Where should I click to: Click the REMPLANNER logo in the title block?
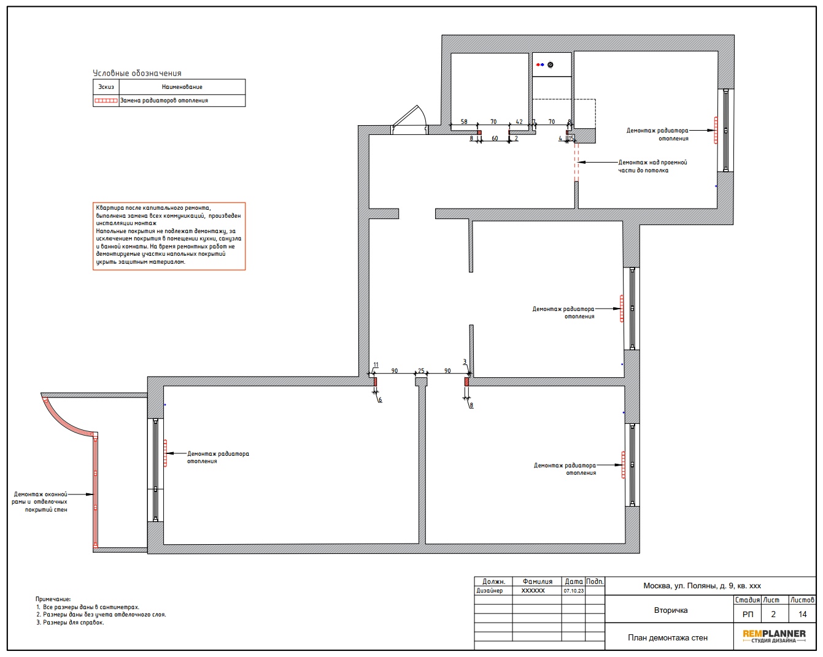click(x=774, y=636)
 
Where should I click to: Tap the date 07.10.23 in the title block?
click(x=573, y=591)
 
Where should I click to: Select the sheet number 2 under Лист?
click(x=773, y=614)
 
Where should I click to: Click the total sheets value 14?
click(x=802, y=614)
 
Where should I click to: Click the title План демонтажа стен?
click(x=667, y=637)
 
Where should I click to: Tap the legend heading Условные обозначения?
click(x=137, y=73)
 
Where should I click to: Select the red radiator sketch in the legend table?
click(x=106, y=101)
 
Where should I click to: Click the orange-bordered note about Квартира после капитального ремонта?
click(x=169, y=236)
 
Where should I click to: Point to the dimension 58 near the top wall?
click(x=463, y=121)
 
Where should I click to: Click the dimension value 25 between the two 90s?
click(x=420, y=371)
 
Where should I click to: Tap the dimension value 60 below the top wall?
click(x=495, y=139)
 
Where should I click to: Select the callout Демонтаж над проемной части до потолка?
click(x=652, y=166)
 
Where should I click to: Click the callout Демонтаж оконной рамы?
click(x=40, y=502)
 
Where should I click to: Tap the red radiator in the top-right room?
click(x=716, y=130)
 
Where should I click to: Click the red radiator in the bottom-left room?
click(x=165, y=453)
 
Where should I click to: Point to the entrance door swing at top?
click(x=409, y=120)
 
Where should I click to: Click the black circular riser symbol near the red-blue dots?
click(x=550, y=64)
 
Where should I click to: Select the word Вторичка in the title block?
click(x=670, y=610)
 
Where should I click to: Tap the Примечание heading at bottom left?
click(x=53, y=599)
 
